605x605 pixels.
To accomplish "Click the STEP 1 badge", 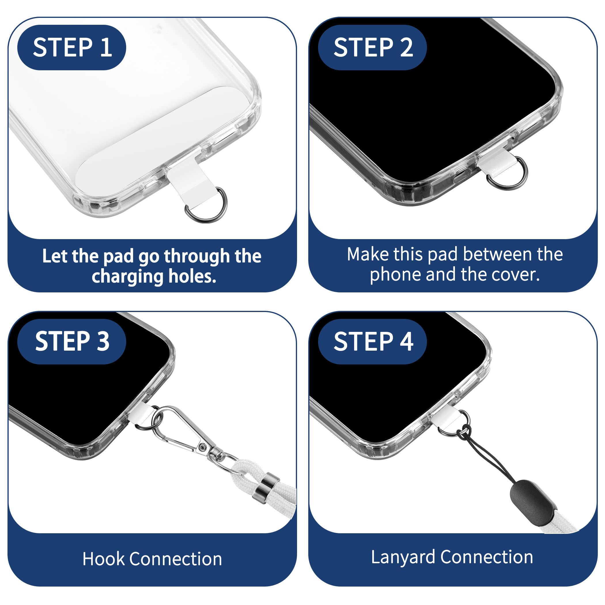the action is (72, 47).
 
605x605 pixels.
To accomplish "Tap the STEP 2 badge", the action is (372, 47).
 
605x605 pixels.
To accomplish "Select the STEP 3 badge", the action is (72, 341).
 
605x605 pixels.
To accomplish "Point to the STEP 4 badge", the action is (372, 341).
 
